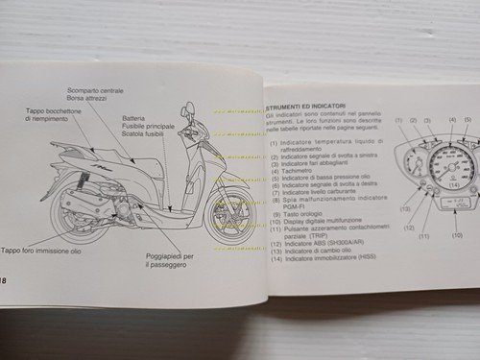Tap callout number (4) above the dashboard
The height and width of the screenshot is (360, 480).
(x=450, y=120)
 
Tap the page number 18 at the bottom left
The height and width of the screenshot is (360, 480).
(x=6, y=279)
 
